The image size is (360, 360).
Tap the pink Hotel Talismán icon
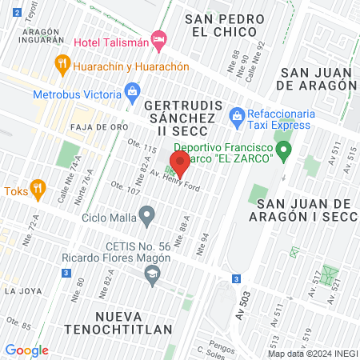(x=159, y=38)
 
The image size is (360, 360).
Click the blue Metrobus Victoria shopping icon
(x=132, y=94)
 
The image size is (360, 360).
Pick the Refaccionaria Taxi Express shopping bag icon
(x=237, y=118)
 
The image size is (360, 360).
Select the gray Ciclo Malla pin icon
(x=146, y=214)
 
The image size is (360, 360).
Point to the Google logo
(x=26, y=350)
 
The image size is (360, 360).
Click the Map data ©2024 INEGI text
(x=312, y=353)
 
